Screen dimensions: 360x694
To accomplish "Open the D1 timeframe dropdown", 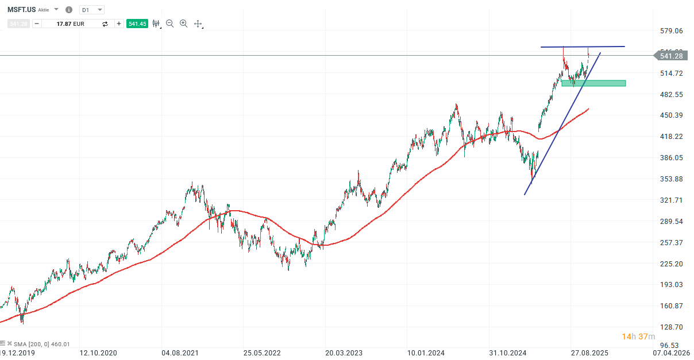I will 92,10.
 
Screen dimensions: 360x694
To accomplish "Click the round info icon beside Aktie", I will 69,10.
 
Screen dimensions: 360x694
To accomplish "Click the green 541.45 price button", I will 137,24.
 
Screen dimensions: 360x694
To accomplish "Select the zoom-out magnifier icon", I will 169,24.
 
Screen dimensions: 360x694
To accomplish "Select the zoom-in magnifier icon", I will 183,24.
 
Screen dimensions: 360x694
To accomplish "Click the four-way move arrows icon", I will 198,24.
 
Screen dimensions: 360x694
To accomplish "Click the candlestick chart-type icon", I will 156,24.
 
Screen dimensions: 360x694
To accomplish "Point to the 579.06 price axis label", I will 671,31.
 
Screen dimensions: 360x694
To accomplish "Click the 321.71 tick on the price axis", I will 671,200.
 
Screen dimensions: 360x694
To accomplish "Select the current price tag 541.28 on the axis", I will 670,56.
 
